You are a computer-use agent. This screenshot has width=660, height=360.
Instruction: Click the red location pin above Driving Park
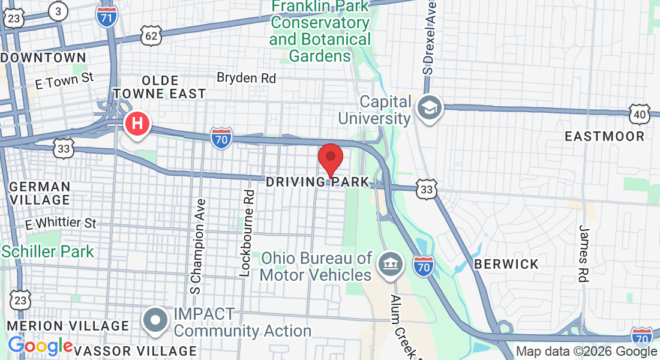pos(330,158)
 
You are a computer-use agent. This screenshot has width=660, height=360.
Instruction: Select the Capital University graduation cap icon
pos(431,109)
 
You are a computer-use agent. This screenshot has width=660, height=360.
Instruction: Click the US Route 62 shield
pos(152,36)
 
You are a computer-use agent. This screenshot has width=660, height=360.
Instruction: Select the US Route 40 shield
pos(640,113)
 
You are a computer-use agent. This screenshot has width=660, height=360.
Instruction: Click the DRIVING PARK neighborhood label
pos(317,181)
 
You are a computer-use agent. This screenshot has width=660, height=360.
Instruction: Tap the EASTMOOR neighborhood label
pos(604,136)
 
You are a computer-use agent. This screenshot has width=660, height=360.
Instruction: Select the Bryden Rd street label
pos(246,78)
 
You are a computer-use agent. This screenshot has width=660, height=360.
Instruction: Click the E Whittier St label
pos(61,224)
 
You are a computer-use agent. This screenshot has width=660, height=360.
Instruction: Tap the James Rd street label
pos(584,253)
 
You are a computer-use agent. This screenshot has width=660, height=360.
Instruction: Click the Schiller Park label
pos(47,251)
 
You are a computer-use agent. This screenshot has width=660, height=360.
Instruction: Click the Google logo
pos(40,346)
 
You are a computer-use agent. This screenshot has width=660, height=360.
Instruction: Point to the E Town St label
pos(65,80)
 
